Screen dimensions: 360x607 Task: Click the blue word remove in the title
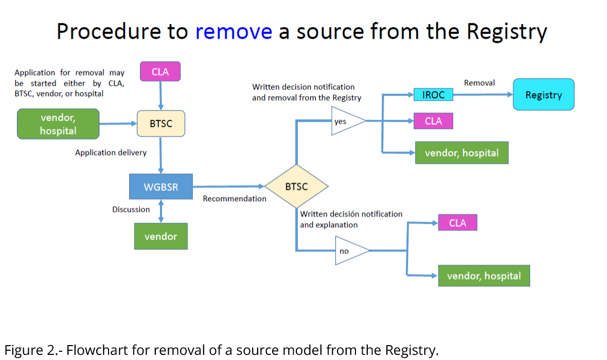pos(234,31)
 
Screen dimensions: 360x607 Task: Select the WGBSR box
pos(160,187)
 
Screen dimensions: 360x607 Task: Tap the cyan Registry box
pos(543,95)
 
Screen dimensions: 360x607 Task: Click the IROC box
pos(433,95)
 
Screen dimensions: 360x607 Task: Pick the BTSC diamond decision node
pos(296,187)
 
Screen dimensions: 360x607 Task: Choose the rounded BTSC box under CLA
pos(160,124)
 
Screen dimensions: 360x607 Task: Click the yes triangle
pos(345,121)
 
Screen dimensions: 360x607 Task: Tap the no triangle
pos(349,251)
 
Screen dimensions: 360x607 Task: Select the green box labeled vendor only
pos(160,237)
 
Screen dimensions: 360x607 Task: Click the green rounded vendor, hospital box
pos(58,124)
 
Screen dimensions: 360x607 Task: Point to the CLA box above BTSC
pos(160,72)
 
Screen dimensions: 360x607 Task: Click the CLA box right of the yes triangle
pos(433,121)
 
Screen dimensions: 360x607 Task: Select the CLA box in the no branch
pos(457,223)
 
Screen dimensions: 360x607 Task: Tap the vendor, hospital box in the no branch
pos(484,276)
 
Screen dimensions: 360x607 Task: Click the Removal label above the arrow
pos(479,83)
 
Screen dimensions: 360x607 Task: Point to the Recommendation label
pos(235,199)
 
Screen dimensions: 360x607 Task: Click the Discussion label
pos(131,209)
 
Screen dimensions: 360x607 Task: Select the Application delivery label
pos(111,153)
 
